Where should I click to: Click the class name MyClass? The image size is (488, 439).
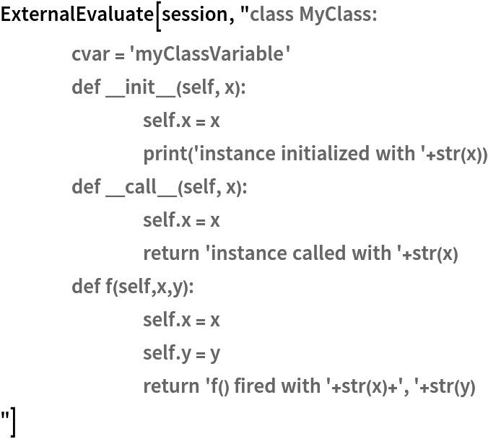338,14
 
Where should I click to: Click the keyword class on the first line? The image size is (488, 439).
271,14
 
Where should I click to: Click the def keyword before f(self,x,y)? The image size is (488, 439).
85,287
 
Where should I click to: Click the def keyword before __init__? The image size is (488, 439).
85,88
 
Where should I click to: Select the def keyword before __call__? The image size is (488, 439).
85,187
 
